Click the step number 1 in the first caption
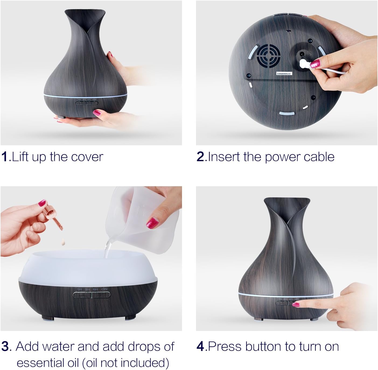(x=5, y=157)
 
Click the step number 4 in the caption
(x=201, y=347)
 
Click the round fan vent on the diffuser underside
(x=268, y=57)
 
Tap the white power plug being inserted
(x=304, y=64)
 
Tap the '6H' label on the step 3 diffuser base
(x=96, y=289)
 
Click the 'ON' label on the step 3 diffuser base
(x=104, y=289)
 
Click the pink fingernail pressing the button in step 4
(x=296, y=305)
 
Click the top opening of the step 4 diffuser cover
(x=287, y=200)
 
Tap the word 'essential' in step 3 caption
(x=47, y=362)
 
